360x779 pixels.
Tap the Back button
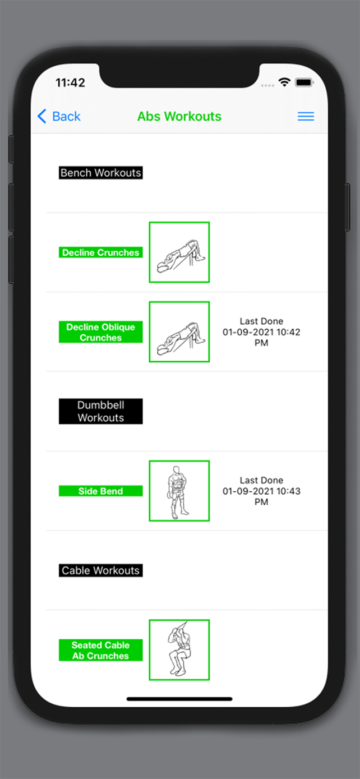(59, 116)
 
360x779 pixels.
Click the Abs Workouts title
(179, 116)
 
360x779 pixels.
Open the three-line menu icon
(306, 116)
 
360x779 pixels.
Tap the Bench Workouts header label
(100, 173)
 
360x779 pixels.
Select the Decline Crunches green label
(100, 252)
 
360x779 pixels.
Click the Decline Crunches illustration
(179, 252)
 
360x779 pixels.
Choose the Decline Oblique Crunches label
(100, 332)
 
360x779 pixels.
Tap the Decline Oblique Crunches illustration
(179, 332)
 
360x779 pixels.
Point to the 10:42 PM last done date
(261, 332)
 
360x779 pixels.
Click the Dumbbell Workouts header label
(100, 411)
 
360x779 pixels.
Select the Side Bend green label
(100, 491)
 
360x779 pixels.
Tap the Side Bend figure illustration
(179, 491)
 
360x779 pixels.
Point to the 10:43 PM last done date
(261, 491)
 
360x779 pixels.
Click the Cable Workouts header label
(100, 570)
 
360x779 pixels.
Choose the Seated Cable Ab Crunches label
(100, 650)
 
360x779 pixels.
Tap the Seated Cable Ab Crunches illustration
(179, 649)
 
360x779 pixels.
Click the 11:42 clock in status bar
(70, 82)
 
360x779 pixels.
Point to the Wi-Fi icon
(284, 82)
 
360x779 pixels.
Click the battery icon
(304, 82)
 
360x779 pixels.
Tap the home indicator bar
(179, 699)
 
